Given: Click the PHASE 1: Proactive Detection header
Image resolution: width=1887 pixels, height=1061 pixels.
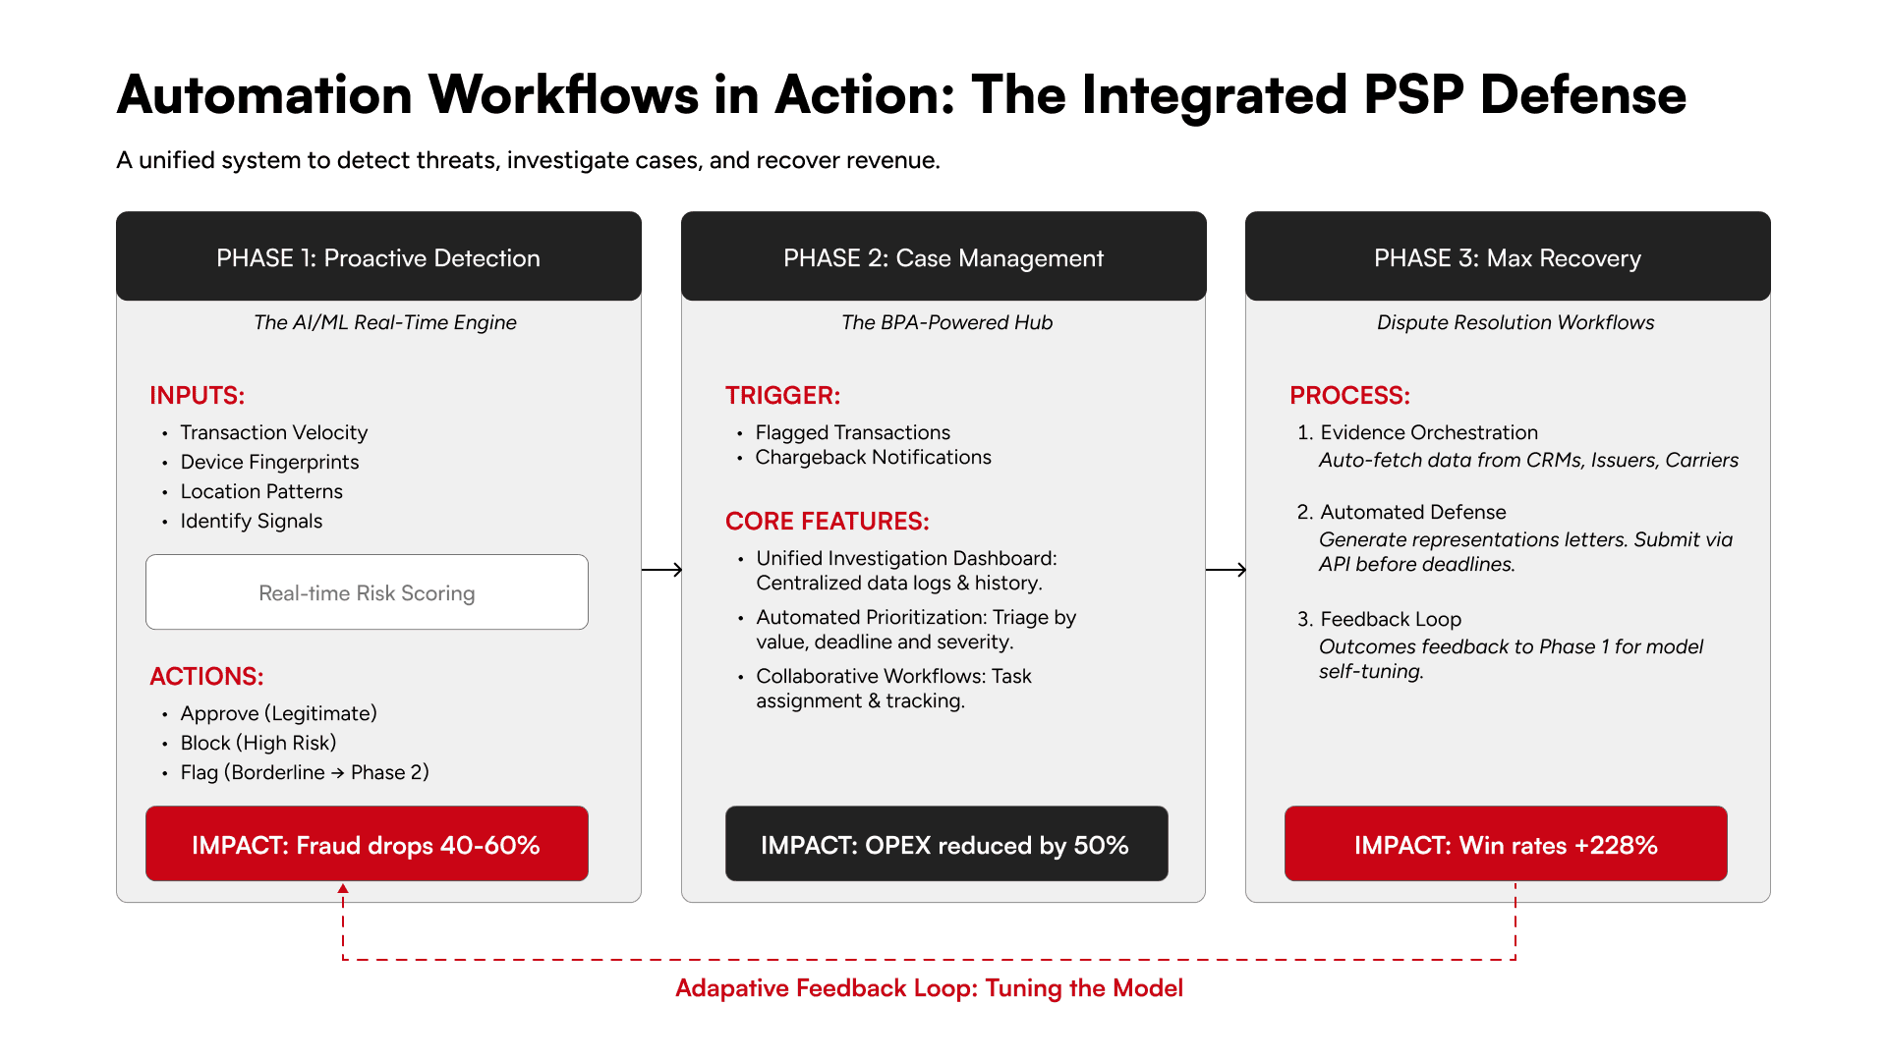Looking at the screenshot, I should coord(378,257).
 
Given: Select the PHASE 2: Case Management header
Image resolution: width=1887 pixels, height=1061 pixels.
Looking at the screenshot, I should coord(943,257).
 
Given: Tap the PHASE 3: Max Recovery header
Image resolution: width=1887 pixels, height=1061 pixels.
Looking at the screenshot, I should coord(1508,257).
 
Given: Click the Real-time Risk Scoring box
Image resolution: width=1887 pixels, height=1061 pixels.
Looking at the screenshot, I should coord(367,592).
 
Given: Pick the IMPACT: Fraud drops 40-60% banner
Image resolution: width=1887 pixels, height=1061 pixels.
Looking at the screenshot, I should coord(367,844).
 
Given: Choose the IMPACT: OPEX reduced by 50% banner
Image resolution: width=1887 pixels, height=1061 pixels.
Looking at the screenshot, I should coord(945,844).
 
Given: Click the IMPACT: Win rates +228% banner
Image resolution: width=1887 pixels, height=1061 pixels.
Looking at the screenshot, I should coord(1506,844).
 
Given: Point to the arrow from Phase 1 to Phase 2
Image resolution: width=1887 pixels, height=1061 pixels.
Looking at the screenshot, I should coord(661,570).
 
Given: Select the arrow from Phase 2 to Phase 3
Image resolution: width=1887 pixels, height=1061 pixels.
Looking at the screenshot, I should coord(1226,570).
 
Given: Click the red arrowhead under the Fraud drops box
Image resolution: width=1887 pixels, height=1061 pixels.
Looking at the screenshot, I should coord(343,889).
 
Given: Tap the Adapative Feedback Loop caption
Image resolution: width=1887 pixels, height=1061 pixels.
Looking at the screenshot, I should coord(929,988).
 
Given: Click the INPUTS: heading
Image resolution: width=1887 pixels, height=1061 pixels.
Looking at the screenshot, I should coord(197,395).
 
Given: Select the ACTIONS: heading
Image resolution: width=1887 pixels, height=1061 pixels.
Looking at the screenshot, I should coord(206,676).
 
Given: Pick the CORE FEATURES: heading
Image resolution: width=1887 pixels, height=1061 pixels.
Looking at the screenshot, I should coord(827,521).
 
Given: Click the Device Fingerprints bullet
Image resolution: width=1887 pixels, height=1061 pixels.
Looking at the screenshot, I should coord(269,462).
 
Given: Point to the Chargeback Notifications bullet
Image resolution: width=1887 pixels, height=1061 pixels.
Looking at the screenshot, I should coord(873,457).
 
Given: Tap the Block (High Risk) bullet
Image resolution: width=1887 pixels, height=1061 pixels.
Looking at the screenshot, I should coord(257,743).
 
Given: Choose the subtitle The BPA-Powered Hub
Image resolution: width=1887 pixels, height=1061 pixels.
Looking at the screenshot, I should coord(946,322).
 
